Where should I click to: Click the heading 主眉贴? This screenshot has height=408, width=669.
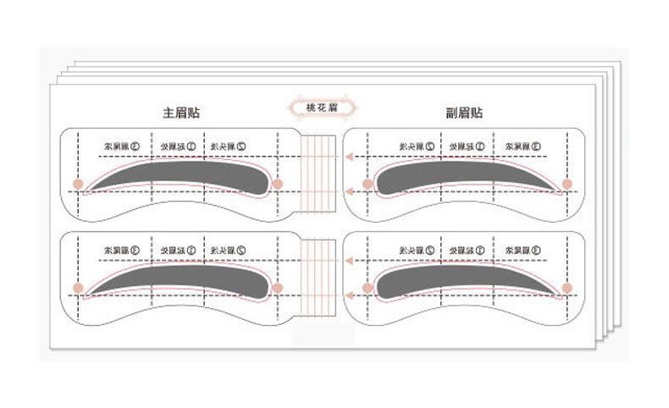coord(181,112)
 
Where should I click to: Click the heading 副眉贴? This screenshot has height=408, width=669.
coord(464,112)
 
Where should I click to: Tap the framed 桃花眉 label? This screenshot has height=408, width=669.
coord(323,108)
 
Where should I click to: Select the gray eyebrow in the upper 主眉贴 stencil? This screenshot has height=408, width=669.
coord(182,173)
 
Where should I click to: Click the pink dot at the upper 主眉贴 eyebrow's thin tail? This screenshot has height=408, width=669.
coord(77,183)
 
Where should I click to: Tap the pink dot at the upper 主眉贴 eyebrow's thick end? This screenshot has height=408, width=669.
coord(278,183)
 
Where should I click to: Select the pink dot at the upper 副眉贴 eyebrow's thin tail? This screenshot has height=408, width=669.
coord(567,183)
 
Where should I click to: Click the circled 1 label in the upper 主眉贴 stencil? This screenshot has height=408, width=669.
coord(193,146)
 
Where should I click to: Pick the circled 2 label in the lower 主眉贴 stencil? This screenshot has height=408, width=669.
coord(241,251)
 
